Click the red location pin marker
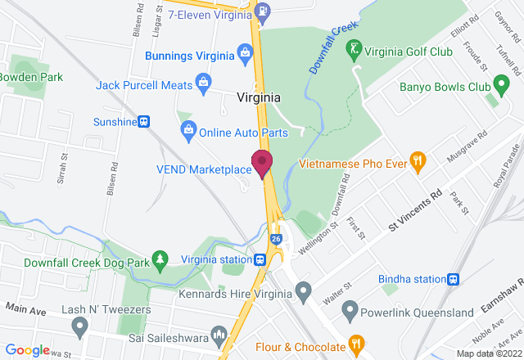point(262,162)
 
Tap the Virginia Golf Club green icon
point(354,49)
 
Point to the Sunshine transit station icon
point(144,121)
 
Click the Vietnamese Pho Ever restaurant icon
point(417,162)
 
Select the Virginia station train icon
point(260,259)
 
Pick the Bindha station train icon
point(452,280)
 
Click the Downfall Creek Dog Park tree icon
point(161,259)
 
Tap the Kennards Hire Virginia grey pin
point(303,290)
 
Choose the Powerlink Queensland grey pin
point(350,311)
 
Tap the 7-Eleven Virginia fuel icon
point(261,11)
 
